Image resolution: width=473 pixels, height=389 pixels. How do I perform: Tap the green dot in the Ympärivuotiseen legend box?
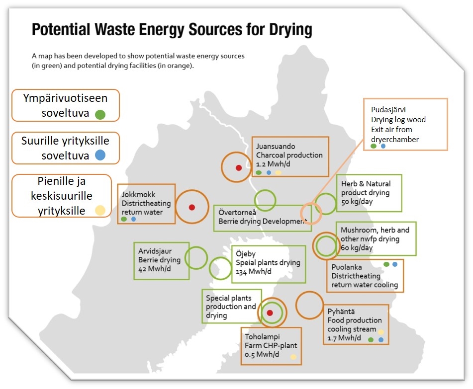point(100,114)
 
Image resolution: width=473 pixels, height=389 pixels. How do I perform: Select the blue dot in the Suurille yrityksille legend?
point(100,155)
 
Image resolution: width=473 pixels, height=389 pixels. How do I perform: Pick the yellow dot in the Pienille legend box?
point(100,210)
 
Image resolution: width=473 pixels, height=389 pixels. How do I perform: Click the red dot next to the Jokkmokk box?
point(191,207)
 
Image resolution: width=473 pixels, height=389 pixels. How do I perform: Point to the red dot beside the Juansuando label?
point(238,167)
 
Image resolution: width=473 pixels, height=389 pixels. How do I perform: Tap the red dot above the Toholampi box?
point(270,312)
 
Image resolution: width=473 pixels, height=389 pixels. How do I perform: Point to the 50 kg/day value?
point(357,202)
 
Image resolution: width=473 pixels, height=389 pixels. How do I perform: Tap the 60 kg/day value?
point(357,247)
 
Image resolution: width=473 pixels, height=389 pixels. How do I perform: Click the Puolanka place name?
point(347,267)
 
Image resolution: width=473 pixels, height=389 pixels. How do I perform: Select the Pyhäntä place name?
point(341,311)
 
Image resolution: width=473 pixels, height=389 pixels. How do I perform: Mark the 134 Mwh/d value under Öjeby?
point(254,272)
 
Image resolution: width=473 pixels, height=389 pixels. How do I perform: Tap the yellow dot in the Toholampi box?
point(293,357)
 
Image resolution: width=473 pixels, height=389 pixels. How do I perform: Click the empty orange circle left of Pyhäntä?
point(309,305)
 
